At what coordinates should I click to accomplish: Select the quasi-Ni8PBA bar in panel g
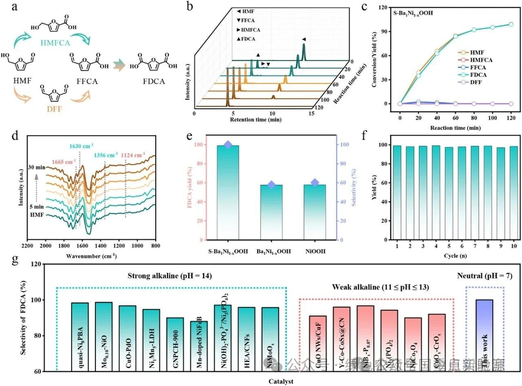80,337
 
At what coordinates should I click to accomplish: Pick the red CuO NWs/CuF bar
318,343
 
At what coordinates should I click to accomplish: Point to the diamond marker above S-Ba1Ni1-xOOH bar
228,144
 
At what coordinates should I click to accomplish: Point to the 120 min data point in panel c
511,24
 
